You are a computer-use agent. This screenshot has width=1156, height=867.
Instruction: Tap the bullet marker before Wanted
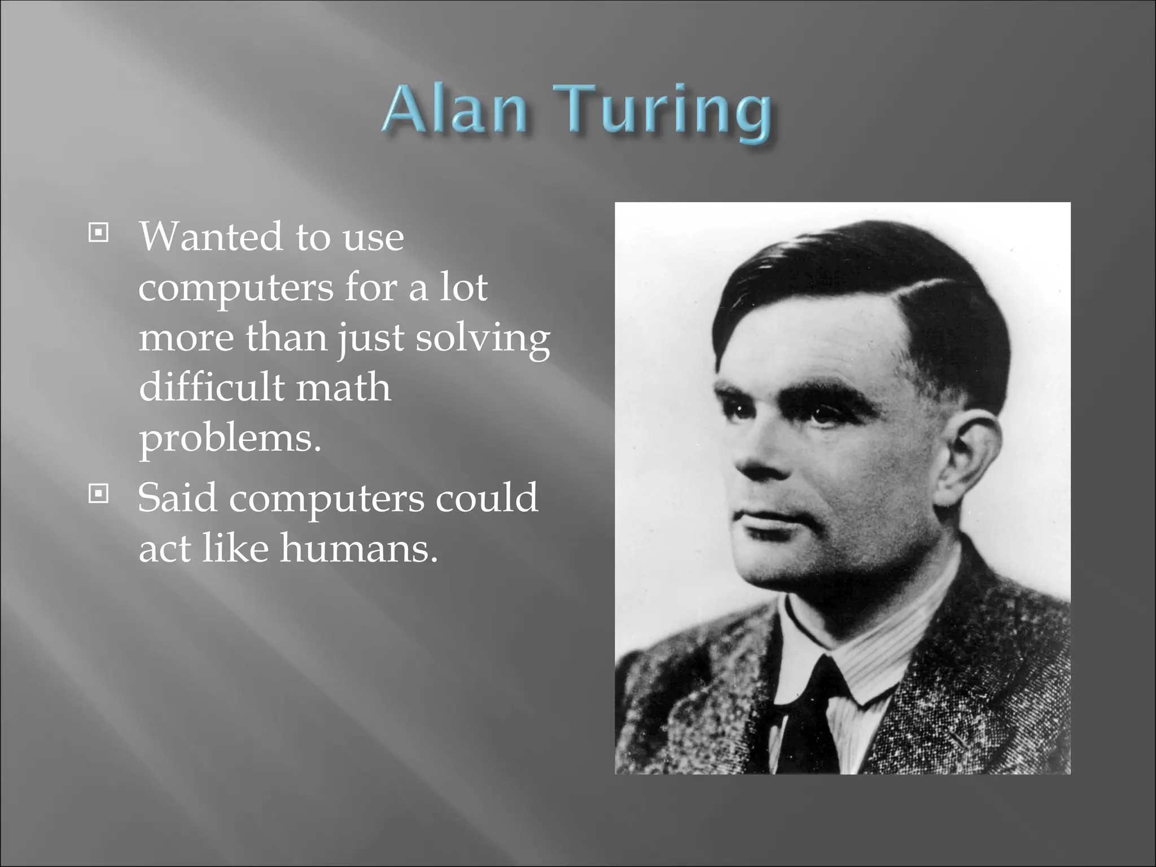pyautogui.click(x=98, y=232)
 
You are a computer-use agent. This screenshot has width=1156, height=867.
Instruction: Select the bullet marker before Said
pyautogui.click(x=98, y=494)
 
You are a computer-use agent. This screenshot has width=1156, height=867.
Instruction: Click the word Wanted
pyautogui.click(x=210, y=237)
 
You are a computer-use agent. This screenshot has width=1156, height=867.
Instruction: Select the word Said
pyautogui.click(x=177, y=498)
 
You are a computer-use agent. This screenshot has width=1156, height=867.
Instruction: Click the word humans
pyautogui.click(x=359, y=548)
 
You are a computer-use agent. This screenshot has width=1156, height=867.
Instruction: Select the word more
pyautogui.click(x=186, y=339)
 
